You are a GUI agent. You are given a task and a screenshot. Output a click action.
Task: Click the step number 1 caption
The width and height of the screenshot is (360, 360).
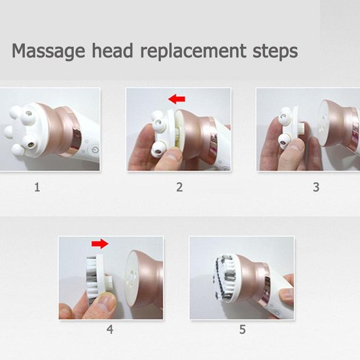[37, 187]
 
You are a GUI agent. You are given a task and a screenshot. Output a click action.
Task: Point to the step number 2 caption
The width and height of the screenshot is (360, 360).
[179, 187]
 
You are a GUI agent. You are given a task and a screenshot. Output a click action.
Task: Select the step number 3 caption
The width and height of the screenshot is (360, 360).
[316, 187]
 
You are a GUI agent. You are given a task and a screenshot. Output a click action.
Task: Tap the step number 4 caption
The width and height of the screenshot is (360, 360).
[110, 329]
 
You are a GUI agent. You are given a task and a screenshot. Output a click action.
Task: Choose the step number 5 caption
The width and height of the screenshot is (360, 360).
[242, 329]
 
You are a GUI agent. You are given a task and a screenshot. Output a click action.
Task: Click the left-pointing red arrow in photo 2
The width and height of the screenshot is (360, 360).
[177, 99]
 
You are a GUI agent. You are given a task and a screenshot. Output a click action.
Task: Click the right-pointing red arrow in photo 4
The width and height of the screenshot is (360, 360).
[99, 243]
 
